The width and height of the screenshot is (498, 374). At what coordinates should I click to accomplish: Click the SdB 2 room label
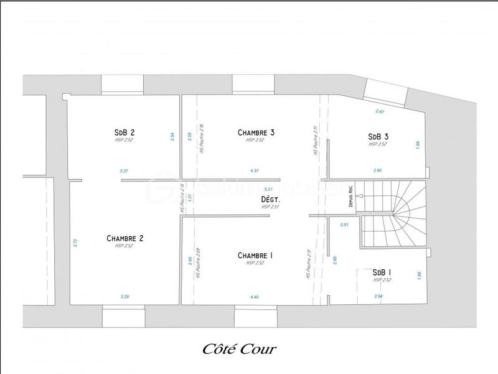[x=125, y=132]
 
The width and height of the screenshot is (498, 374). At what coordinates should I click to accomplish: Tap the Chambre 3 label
[x=256, y=132]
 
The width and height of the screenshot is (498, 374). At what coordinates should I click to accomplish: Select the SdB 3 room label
[x=378, y=136]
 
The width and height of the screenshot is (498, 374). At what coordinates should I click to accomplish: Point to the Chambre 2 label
[x=125, y=238]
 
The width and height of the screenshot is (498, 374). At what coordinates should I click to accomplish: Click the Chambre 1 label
[x=255, y=256]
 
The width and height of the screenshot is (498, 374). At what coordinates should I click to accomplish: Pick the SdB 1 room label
[x=382, y=273]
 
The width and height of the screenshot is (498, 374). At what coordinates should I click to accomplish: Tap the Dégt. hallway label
[x=271, y=200]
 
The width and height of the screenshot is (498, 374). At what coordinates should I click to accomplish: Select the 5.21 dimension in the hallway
[x=269, y=189]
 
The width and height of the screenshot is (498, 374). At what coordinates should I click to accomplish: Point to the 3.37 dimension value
[x=124, y=171]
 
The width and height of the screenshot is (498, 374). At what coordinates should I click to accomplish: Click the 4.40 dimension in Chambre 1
[x=255, y=297]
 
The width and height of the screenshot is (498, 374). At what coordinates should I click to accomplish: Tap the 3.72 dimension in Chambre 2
[x=75, y=244]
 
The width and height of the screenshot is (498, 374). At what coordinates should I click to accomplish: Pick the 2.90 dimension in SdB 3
[x=378, y=171]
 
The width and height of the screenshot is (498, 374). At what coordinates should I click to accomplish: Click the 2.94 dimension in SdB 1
[x=378, y=296]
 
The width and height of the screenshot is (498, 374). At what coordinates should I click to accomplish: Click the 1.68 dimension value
[x=419, y=274]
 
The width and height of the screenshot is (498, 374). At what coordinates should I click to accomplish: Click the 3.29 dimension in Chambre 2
[x=125, y=297]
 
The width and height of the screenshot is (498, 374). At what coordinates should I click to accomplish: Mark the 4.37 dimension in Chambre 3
[x=255, y=171]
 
